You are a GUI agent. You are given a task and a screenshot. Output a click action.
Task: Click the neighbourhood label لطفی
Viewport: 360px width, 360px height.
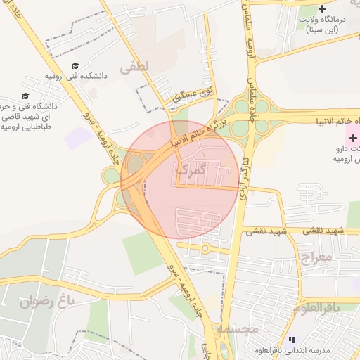[x=135, y=67]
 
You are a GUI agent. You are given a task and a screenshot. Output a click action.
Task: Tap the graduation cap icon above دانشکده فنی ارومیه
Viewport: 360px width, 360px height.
[x=75, y=65]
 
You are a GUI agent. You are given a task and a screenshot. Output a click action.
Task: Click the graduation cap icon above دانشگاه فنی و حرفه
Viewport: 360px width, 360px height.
[x=26, y=96]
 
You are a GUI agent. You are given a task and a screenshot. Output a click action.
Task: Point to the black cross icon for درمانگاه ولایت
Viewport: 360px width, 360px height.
[x=322, y=9]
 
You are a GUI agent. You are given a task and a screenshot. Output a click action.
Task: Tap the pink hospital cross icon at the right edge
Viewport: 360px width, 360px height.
[x=353, y=138]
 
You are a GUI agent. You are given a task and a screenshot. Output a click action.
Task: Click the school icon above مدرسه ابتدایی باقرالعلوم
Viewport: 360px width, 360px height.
[x=292, y=340]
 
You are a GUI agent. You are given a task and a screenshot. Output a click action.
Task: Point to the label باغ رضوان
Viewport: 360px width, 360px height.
[x=46, y=303]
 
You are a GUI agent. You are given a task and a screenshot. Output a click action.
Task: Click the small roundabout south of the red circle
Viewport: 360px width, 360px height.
[x=205, y=247]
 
